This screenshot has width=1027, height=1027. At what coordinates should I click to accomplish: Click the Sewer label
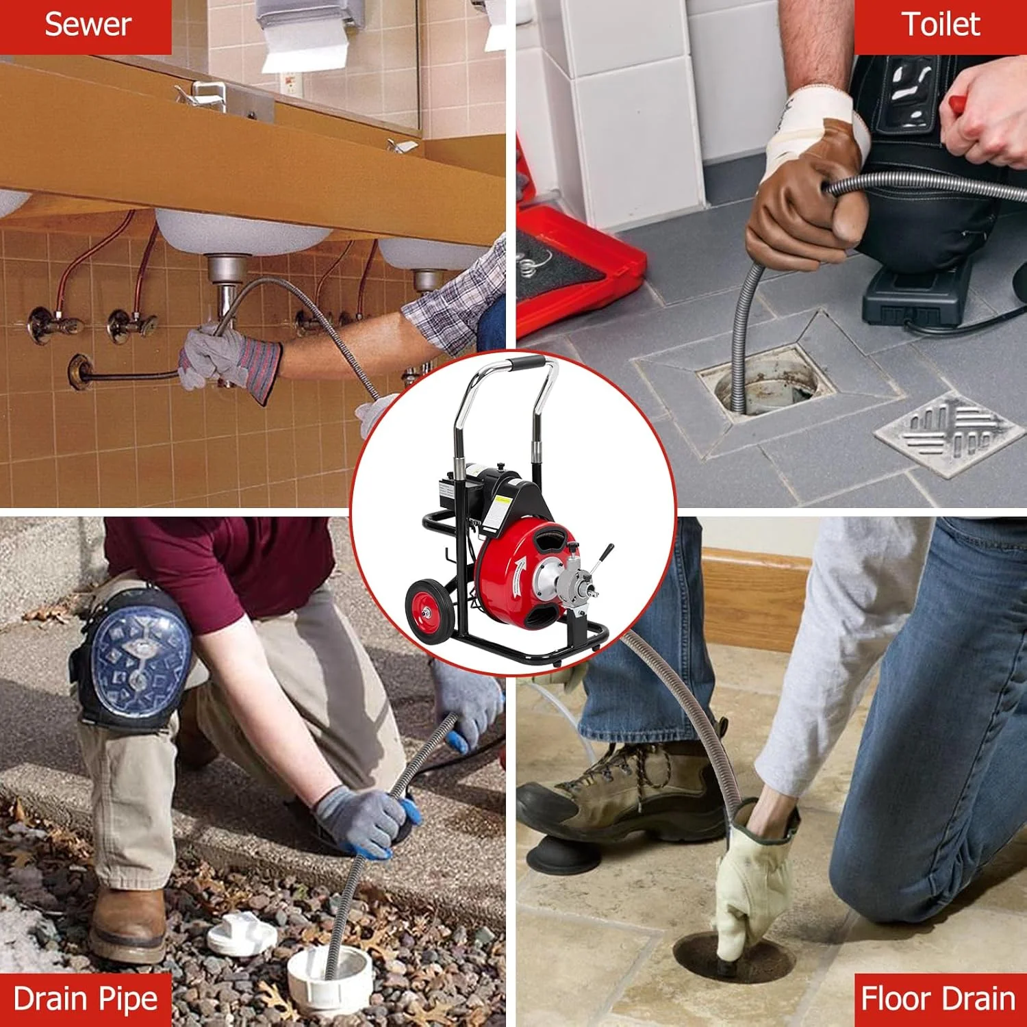(88, 25)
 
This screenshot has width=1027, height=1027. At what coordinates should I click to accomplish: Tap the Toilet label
(941, 25)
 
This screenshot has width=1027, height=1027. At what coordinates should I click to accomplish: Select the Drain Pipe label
(86, 1000)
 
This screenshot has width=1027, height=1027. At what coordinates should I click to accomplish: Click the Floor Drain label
(938, 999)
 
